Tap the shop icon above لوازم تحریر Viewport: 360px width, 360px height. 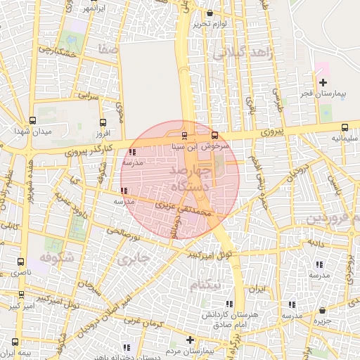(209, 13)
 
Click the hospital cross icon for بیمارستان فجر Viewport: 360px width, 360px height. (323, 83)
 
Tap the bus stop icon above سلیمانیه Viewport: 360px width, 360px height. (344, 127)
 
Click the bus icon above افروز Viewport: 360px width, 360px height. (103, 122)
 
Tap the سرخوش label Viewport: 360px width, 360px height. (217, 147)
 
